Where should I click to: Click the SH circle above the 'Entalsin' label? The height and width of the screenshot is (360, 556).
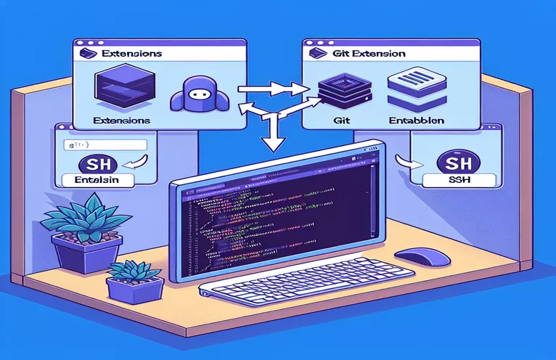(95, 162)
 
